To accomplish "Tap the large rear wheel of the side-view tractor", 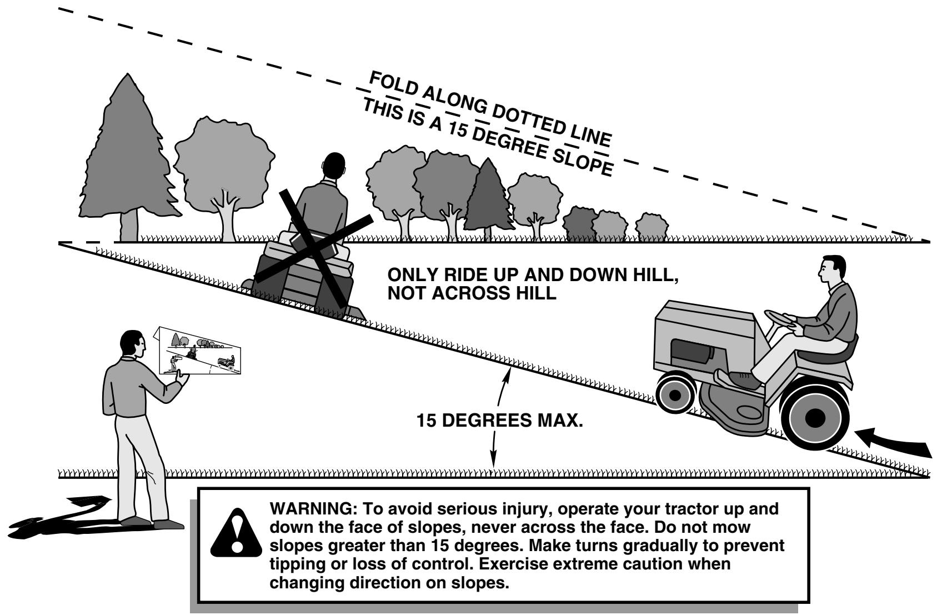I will (x=815, y=417).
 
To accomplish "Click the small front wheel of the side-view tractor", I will (x=675, y=394).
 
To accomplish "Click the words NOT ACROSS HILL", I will (x=472, y=293).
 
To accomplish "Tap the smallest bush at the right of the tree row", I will (x=652, y=227).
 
